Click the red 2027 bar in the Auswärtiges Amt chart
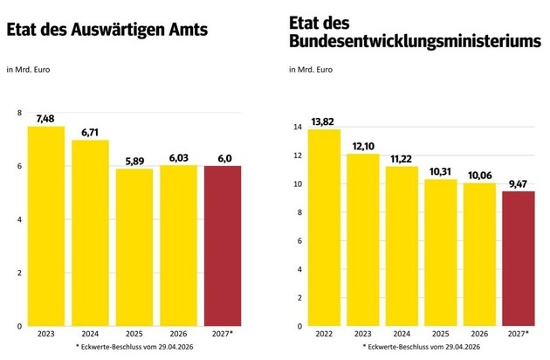(223, 246)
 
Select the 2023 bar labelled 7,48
(46, 226)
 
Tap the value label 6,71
(90, 133)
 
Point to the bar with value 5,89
(134, 247)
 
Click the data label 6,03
(179, 158)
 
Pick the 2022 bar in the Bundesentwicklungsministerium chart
(324, 227)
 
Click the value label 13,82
(322, 121)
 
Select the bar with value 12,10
(363, 240)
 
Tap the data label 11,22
(401, 159)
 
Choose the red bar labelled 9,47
(519, 259)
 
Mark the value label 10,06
(479, 176)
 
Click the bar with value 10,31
(441, 253)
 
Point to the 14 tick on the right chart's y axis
(298, 128)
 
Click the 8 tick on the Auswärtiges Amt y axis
(19, 113)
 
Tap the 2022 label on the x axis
(324, 334)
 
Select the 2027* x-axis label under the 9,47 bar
(518, 334)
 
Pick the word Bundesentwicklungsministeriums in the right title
(415, 41)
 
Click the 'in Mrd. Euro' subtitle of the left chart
(28, 70)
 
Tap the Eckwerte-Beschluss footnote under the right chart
(422, 347)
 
